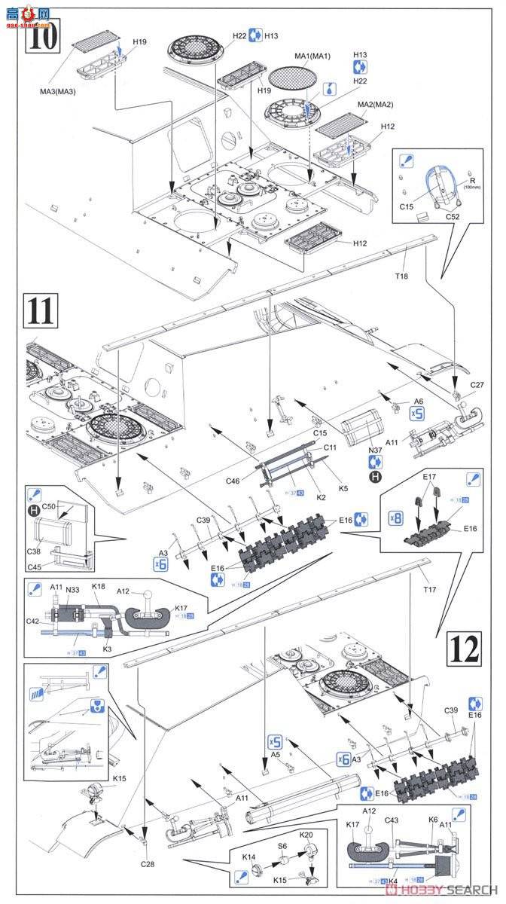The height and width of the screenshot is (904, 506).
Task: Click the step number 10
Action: [42, 35]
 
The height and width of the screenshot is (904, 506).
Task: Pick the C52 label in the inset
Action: [453, 216]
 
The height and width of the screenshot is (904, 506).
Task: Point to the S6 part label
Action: [282, 846]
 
